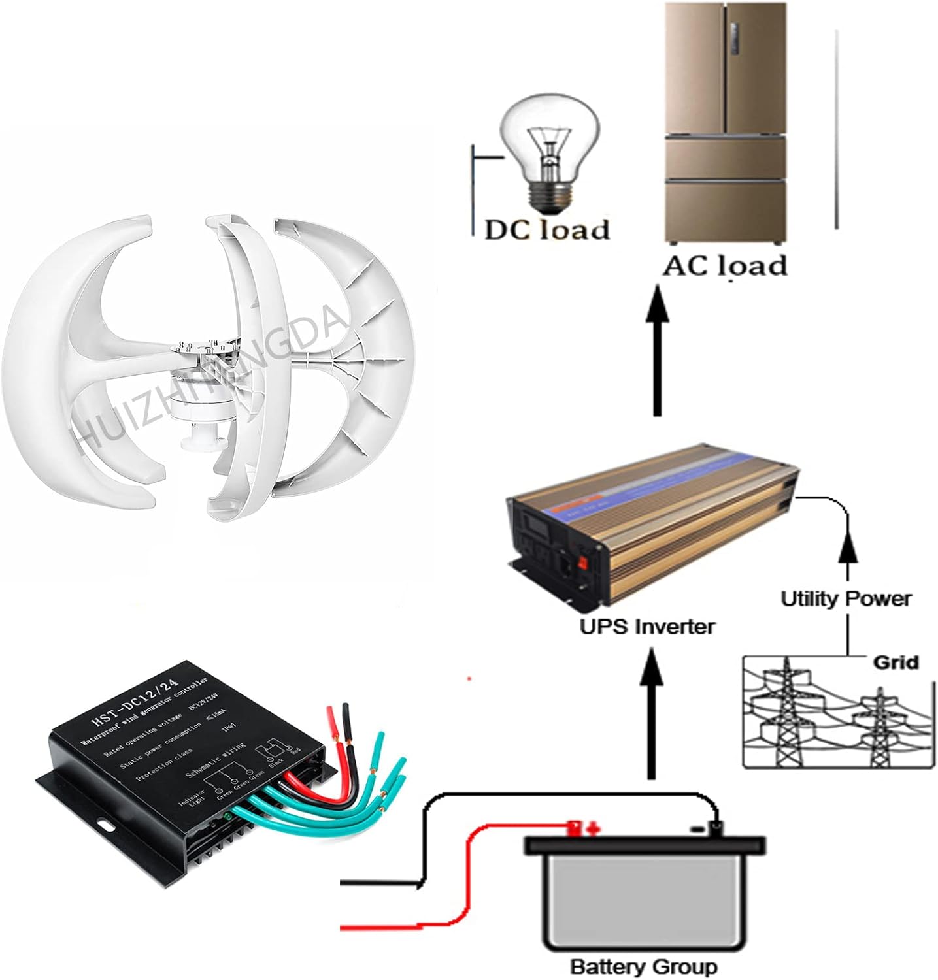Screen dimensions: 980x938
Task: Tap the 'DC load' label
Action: click(x=546, y=229)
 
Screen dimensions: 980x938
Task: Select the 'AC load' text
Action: click(x=724, y=266)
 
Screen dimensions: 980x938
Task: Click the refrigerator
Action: click(x=723, y=124)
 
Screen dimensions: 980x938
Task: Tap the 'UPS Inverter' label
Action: click(x=648, y=627)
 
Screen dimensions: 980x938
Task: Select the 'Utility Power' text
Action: click(x=846, y=598)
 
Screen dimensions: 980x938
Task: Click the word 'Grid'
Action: click(x=896, y=662)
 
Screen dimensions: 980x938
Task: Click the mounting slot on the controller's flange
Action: click(x=105, y=824)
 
